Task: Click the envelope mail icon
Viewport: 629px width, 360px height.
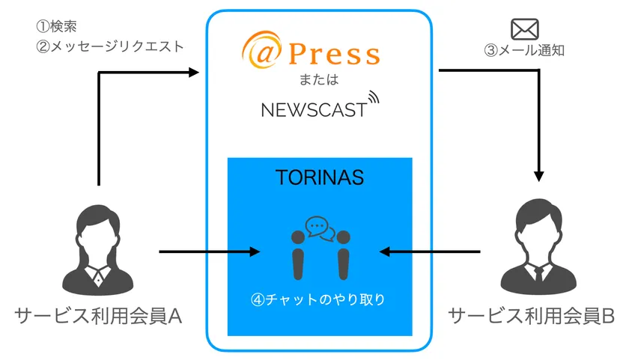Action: pyautogui.click(x=524, y=29)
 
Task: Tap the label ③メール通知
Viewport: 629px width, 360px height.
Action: pyautogui.click(x=524, y=50)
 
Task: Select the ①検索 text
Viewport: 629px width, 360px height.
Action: pyautogui.click(x=57, y=26)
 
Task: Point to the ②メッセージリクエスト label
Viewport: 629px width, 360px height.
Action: pyautogui.click(x=110, y=46)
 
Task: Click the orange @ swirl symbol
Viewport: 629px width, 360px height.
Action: pyautogui.click(x=261, y=50)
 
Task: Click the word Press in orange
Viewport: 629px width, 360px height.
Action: pyautogui.click(x=334, y=54)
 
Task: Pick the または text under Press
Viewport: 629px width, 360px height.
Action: pyautogui.click(x=319, y=79)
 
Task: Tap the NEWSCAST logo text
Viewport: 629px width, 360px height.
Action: pyautogui.click(x=314, y=110)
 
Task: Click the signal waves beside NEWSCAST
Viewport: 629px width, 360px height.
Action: pyautogui.click(x=373, y=98)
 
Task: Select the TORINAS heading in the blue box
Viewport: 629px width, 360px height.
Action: pyautogui.click(x=320, y=177)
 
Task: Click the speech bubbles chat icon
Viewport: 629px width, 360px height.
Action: pyautogui.click(x=320, y=229)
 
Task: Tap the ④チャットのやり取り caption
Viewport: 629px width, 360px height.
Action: pyautogui.click(x=318, y=299)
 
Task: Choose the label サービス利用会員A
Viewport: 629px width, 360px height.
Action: pyautogui.click(x=98, y=317)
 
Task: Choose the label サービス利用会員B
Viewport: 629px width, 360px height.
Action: pyautogui.click(x=531, y=317)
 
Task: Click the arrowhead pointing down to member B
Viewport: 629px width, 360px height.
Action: pyautogui.click(x=538, y=177)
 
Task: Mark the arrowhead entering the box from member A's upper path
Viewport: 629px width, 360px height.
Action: pyautogui.click(x=194, y=72)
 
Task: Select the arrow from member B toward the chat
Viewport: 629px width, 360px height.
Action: pyautogui.click(x=430, y=251)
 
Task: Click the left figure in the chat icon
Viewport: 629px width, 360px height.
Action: pyautogui.click(x=298, y=255)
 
